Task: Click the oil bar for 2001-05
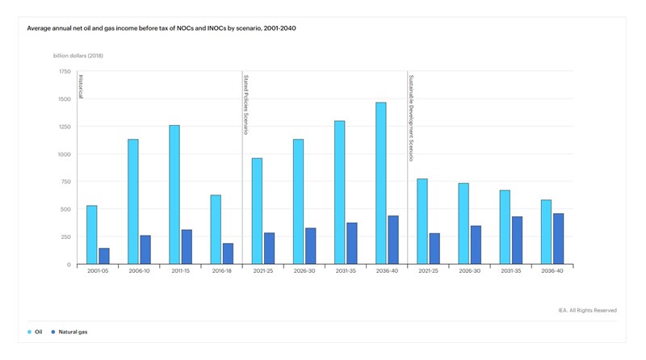click(92, 235)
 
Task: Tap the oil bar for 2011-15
click(174, 195)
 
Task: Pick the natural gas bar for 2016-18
click(228, 253)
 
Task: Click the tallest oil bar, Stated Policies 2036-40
click(381, 183)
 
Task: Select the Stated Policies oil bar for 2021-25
click(257, 211)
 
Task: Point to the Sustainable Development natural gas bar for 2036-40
click(558, 239)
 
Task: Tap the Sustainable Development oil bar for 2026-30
click(464, 224)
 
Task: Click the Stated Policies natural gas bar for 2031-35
click(352, 243)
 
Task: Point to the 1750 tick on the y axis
click(64, 71)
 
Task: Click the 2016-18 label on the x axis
click(221, 271)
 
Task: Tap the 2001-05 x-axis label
click(98, 271)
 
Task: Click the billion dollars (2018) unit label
click(78, 56)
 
